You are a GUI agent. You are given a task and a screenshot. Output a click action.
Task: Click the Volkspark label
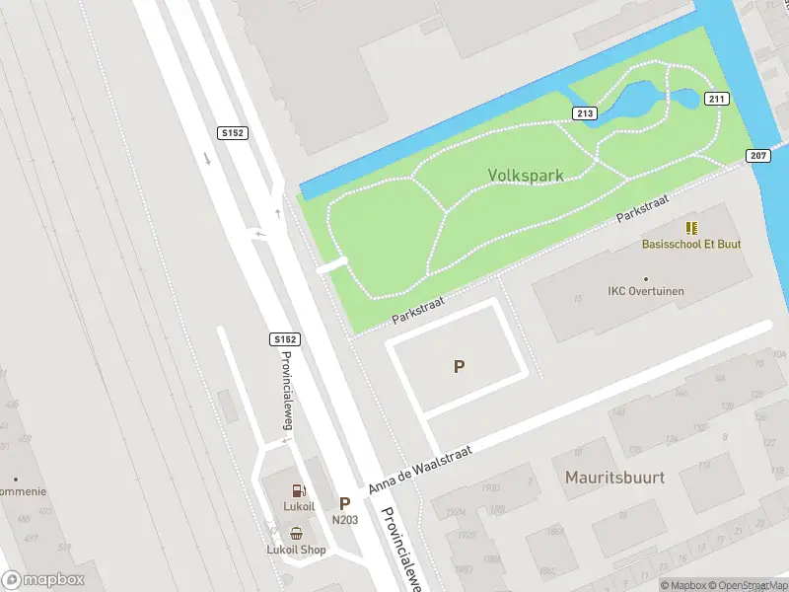526,176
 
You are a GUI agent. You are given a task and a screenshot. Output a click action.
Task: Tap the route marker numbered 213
585,113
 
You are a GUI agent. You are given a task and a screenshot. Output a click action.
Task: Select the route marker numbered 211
716,99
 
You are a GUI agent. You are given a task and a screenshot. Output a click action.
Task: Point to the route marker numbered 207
757,155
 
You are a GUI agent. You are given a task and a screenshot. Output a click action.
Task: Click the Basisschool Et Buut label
691,244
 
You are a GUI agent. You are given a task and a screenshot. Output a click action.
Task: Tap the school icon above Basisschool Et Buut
691,228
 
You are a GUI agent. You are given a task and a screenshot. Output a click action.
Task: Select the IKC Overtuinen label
646,291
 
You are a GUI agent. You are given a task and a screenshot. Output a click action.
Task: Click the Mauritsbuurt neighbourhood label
614,478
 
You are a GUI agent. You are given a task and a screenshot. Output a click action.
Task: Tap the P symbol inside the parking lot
459,367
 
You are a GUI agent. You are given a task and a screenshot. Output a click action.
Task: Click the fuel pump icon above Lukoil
298,490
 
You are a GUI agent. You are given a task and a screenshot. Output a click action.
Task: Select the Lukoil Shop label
296,550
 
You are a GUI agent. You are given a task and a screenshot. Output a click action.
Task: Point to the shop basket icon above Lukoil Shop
296,533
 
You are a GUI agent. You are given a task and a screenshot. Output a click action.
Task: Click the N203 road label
344,520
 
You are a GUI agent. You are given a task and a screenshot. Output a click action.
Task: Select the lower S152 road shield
284,339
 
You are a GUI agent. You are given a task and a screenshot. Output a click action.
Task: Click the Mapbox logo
43,580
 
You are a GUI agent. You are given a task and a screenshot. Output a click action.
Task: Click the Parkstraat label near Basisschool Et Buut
643,208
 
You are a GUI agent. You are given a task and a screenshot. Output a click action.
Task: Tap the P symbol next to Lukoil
345,503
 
